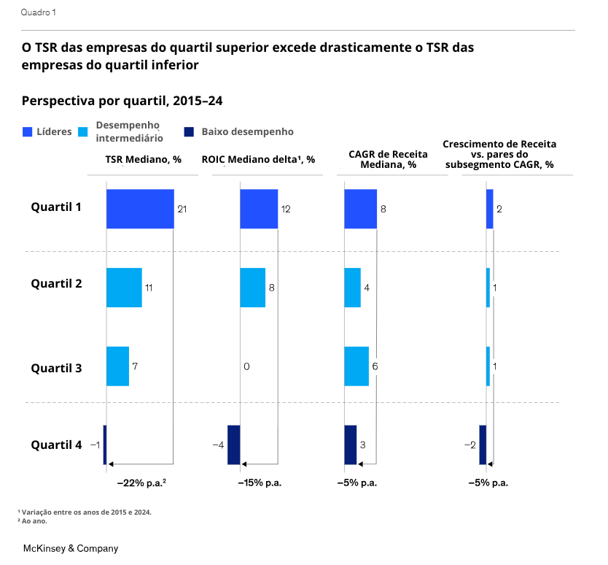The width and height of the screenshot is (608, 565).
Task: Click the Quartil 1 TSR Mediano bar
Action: [x=140, y=209]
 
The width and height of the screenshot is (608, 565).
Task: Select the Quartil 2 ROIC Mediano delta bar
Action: [x=252, y=288]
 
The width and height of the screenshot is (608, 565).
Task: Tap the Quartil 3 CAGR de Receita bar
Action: [x=356, y=366]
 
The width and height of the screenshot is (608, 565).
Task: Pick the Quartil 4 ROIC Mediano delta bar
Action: [x=234, y=445]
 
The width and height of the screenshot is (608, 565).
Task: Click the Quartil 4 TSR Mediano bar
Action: [x=105, y=445]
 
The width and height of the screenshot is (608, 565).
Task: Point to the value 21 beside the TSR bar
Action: [x=182, y=210]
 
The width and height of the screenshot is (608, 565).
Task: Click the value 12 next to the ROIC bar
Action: [x=286, y=210]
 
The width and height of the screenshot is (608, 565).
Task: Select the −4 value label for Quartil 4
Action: [x=217, y=445]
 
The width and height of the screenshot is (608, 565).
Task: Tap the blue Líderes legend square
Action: [x=28, y=132]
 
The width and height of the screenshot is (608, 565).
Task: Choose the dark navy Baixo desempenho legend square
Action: [x=189, y=132]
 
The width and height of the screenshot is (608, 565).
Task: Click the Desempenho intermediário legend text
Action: [x=129, y=131]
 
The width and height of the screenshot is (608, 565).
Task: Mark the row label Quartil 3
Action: [x=56, y=368]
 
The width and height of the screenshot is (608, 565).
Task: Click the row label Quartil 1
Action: [x=56, y=207]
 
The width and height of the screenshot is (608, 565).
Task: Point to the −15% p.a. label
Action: [x=260, y=483]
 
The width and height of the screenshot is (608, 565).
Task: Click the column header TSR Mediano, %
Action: [x=143, y=159]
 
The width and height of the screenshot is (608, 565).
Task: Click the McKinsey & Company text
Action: [x=71, y=548]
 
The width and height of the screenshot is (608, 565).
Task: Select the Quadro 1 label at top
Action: [x=38, y=12]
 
